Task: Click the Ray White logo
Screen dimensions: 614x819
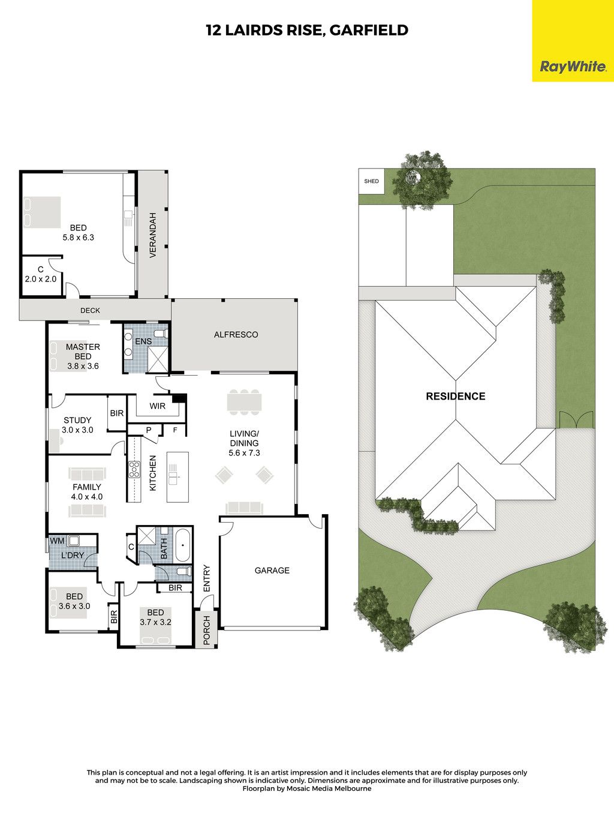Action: pyautogui.click(x=573, y=67)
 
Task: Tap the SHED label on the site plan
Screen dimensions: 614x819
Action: pyautogui.click(x=371, y=181)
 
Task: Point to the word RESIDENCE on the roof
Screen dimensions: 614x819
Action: pyautogui.click(x=456, y=396)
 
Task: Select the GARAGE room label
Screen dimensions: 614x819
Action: pyautogui.click(x=272, y=570)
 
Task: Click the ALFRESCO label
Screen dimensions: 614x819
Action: pyautogui.click(x=236, y=335)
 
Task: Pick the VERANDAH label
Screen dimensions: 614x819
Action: pyautogui.click(x=152, y=235)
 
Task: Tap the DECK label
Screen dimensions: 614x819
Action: pyautogui.click(x=90, y=310)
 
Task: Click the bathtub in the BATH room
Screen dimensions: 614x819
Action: pyautogui.click(x=183, y=545)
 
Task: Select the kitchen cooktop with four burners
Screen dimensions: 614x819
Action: pyautogui.click(x=134, y=469)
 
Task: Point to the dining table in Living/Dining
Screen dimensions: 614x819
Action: pyautogui.click(x=244, y=403)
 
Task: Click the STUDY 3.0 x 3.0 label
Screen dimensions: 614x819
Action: pyautogui.click(x=77, y=425)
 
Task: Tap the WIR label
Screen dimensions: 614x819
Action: pyautogui.click(x=157, y=406)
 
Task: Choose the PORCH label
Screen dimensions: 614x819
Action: pyautogui.click(x=207, y=630)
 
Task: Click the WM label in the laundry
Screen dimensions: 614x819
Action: pyautogui.click(x=57, y=541)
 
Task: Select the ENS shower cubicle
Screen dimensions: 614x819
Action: pyautogui.click(x=158, y=359)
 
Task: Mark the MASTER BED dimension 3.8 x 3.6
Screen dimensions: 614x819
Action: pyautogui.click(x=83, y=366)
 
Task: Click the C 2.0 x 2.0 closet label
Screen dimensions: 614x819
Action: pyautogui.click(x=41, y=274)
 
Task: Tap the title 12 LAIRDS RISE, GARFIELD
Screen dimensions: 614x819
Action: pyautogui.click(x=307, y=30)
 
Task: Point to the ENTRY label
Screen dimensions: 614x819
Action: pyautogui.click(x=207, y=578)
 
